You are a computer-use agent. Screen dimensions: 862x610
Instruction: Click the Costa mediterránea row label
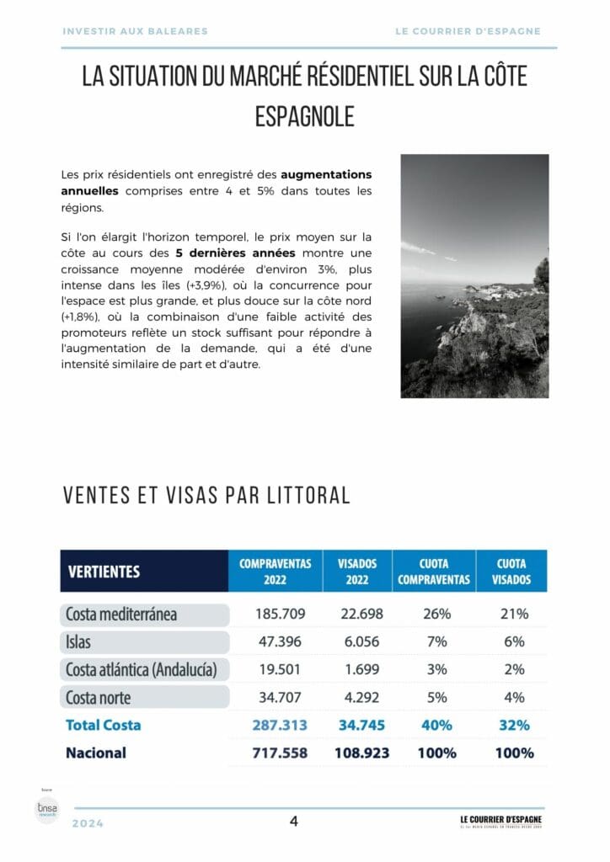121,614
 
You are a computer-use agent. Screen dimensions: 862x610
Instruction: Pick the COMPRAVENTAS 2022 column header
276,571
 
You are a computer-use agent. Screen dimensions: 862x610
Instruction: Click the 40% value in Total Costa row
436,725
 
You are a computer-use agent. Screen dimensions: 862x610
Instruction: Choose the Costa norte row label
99,697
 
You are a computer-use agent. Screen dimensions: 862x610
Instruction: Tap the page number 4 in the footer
294,822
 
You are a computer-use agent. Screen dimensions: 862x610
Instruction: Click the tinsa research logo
44,811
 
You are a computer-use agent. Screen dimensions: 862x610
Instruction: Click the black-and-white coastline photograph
474,276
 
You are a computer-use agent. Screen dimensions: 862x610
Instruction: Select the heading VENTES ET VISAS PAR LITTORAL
206,495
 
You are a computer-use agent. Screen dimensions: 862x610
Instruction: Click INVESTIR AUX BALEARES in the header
135,31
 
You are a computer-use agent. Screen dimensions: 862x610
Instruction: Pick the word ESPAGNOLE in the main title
304,115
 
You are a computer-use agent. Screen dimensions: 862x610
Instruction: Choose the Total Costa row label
104,725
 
